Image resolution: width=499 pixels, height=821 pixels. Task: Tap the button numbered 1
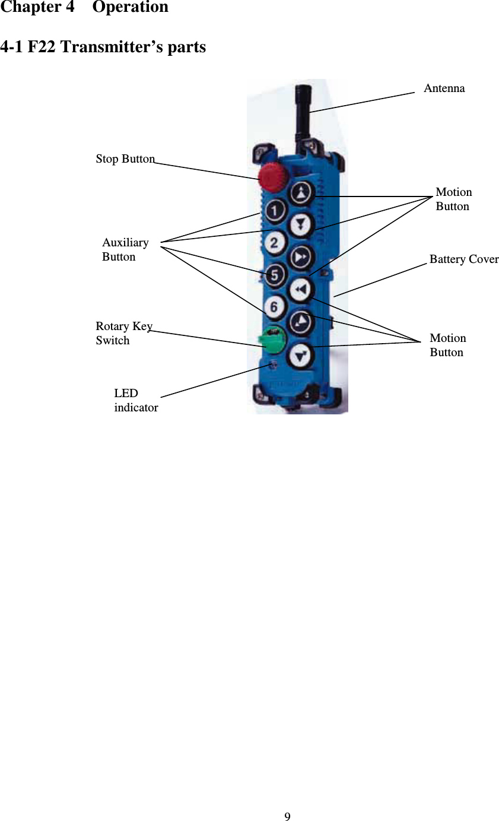(x=275, y=211)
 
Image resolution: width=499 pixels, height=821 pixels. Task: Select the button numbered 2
(x=275, y=243)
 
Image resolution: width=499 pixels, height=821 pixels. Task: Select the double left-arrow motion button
(x=301, y=289)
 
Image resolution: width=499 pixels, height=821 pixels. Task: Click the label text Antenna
(x=444, y=88)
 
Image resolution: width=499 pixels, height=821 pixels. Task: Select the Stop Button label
(x=125, y=159)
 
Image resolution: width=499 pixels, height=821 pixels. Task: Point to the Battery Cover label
(x=464, y=259)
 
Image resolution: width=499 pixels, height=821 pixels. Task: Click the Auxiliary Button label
(x=125, y=249)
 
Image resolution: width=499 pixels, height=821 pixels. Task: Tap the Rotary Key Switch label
(x=123, y=333)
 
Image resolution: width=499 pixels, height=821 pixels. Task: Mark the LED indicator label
(x=136, y=400)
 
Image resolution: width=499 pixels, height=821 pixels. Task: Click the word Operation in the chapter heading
(x=130, y=8)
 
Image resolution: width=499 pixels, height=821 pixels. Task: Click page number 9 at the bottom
(x=287, y=817)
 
